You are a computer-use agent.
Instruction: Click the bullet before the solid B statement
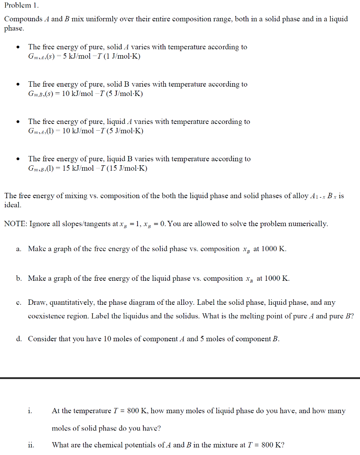(x=17, y=84)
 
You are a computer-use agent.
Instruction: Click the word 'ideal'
(x=12, y=205)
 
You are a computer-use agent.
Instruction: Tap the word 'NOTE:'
(x=15, y=224)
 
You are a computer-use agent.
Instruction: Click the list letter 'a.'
(x=20, y=249)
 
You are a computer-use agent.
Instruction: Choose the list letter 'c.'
(x=19, y=303)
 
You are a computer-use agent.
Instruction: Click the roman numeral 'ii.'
(x=31, y=445)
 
